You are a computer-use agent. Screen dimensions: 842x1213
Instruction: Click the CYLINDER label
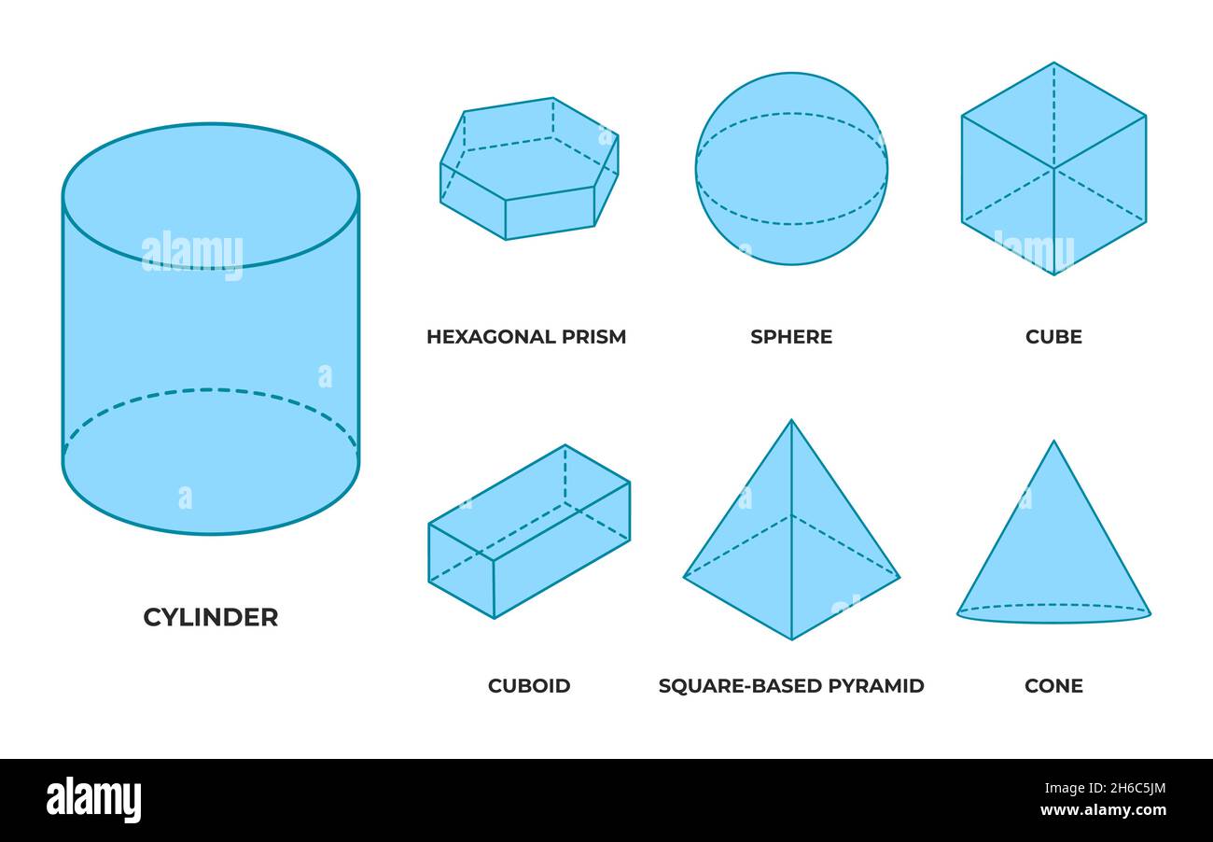210,617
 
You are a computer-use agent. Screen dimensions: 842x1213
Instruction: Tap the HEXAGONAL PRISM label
525,337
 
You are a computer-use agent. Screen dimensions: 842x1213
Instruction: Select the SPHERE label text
791,337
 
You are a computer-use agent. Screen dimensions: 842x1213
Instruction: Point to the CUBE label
1053,337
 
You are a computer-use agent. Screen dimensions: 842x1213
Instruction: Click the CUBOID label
529,686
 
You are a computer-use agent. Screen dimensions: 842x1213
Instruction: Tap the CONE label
1053,686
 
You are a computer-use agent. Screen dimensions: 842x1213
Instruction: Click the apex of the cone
1053,442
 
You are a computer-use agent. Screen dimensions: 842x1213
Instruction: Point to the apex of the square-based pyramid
791,421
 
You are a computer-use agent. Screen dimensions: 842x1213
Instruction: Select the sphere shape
791,169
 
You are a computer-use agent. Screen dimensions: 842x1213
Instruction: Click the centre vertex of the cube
1053,169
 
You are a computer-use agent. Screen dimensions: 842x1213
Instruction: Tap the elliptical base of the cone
1053,613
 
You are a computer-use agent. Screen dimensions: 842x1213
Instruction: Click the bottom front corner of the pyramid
791,639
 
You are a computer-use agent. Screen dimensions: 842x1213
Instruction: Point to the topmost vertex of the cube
1053,63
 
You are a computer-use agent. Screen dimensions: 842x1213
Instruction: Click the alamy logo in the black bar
93,800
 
